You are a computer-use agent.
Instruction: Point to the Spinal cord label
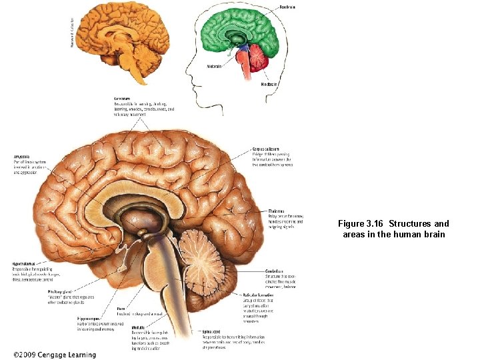click(213, 331)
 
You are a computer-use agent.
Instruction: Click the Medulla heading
click(139, 326)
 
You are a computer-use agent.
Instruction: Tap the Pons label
click(121, 309)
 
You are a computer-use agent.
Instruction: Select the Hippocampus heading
click(91, 318)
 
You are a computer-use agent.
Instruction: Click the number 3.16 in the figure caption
click(372, 223)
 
